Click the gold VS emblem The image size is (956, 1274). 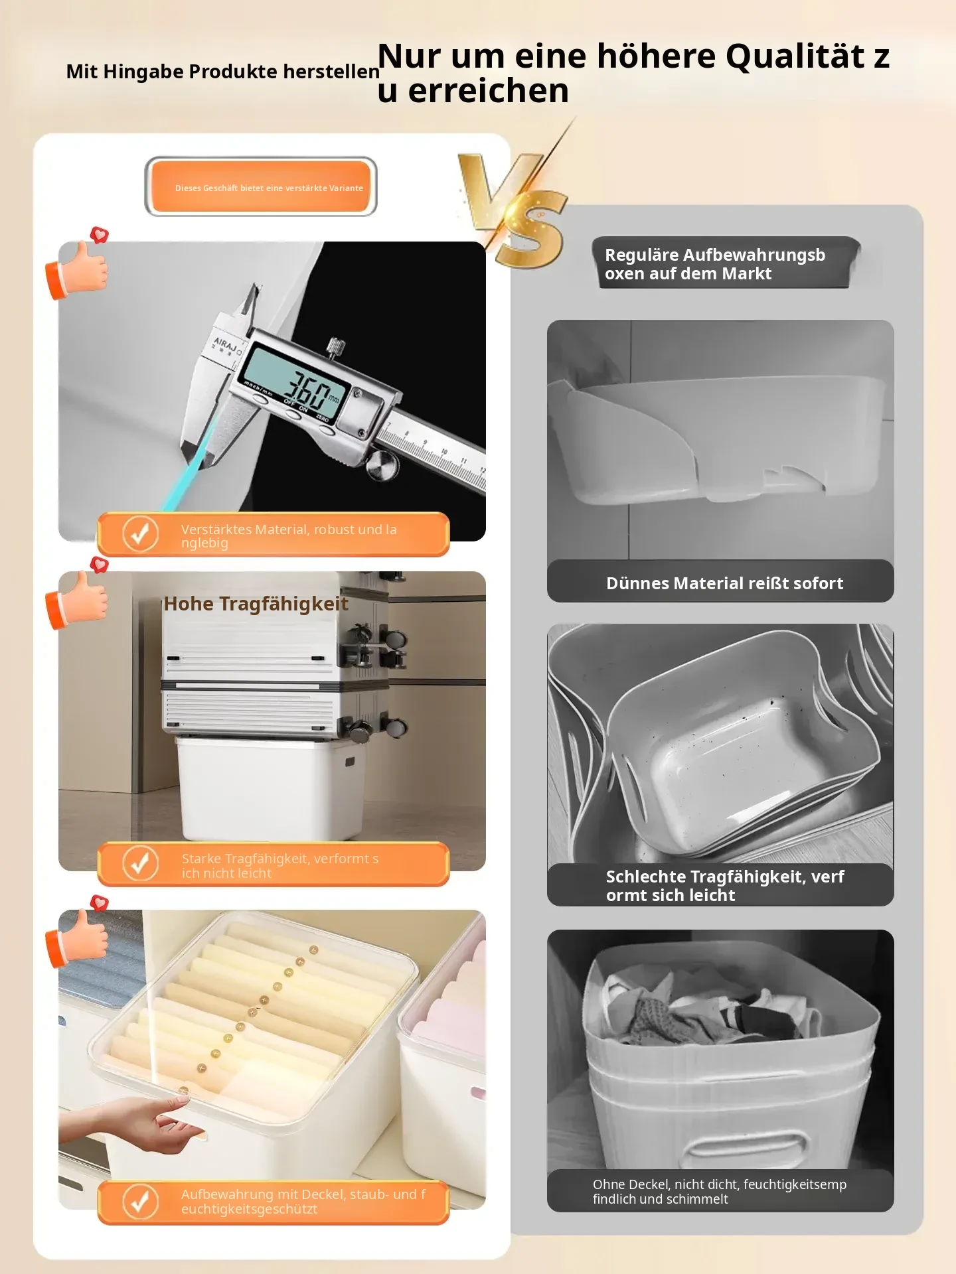pos(515,209)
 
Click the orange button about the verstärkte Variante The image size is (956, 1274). pos(261,187)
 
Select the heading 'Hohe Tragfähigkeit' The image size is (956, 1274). pos(256,604)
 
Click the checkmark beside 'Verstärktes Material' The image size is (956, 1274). pos(140,533)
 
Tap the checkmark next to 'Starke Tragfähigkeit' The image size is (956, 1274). pos(140,863)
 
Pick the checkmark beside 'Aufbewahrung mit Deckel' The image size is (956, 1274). pos(140,1202)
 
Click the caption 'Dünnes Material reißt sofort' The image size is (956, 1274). pos(724,583)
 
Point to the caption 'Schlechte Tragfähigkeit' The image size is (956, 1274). pos(725,886)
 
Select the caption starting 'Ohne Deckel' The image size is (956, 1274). pos(720,1192)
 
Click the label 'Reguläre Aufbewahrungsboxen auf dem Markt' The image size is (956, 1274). pos(715,264)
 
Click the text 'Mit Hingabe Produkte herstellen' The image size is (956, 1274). pos(223,72)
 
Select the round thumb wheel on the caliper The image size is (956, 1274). pos(383,464)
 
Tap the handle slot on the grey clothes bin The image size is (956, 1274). pos(746,1146)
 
